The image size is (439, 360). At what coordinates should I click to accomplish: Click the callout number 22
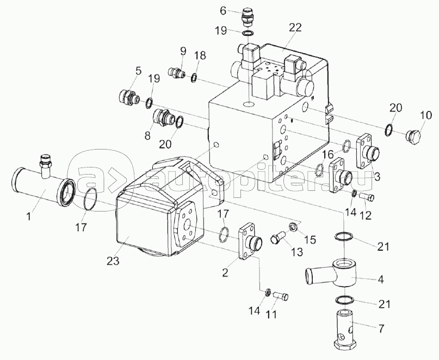click(295, 28)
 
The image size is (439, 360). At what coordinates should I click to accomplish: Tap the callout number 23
click(113, 261)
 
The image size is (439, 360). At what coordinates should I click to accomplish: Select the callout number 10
click(425, 115)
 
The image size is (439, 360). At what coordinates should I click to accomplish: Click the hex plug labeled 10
click(413, 136)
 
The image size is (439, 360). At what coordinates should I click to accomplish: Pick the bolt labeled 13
click(277, 237)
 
